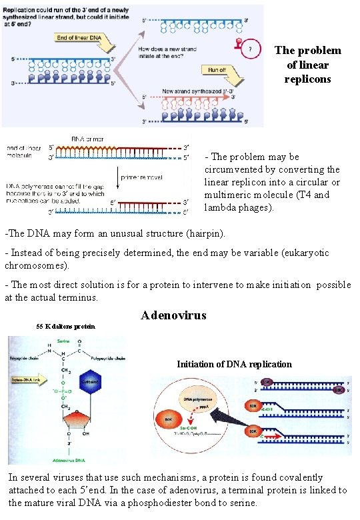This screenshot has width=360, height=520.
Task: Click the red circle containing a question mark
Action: point(249,49)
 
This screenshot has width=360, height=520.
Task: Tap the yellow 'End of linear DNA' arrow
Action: point(75,37)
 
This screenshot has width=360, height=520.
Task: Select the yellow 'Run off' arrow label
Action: point(217,69)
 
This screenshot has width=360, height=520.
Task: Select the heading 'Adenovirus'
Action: point(173,315)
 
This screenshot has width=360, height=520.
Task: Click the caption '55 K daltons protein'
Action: point(65,327)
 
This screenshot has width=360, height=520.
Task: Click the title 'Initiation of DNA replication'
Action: point(234,364)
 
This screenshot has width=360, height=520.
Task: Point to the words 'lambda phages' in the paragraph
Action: point(235,207)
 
